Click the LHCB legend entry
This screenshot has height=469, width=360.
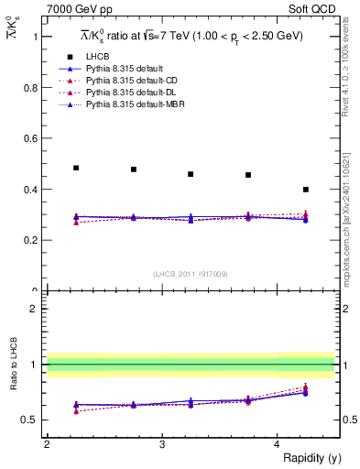point(98,57)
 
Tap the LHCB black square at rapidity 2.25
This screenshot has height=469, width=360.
point(76,168)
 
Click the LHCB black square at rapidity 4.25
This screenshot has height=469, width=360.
point(306,190)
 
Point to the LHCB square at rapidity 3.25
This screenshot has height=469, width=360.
point(191,174)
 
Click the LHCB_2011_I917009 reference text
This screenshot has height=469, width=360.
point(190,274)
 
